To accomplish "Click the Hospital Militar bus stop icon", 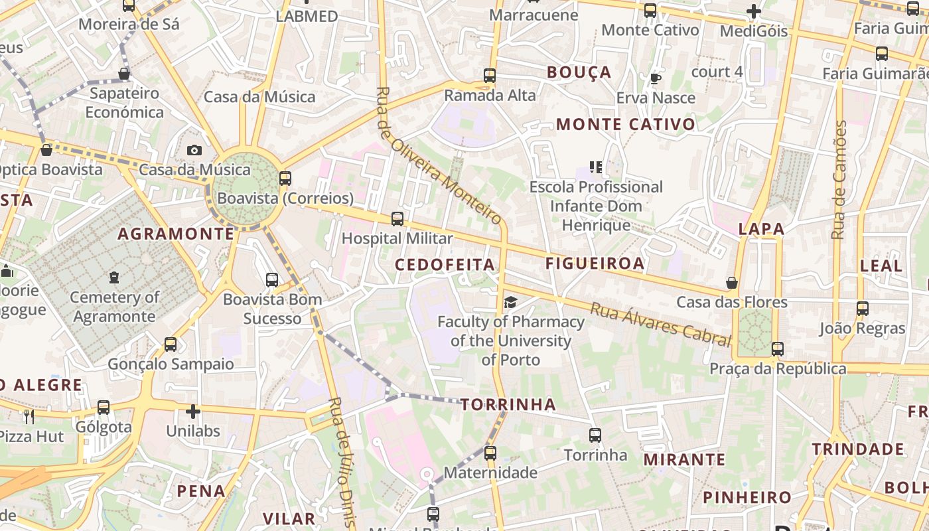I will [397, 218].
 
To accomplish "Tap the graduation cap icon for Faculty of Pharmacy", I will [510, 303].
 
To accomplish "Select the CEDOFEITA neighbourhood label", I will [445, 265].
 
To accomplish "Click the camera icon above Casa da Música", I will [194, 151].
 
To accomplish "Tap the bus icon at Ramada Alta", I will [490, 76].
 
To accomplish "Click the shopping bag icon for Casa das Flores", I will [732, 283].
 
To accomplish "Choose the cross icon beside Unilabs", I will [193, 412].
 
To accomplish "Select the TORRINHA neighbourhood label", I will [508, 404].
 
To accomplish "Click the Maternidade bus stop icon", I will [490, 453].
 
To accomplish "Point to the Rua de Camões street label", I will [840, 179].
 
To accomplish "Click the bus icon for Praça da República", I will [778, 348].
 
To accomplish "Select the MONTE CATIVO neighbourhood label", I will [626, 124].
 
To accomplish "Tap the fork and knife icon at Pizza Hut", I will [29, 417].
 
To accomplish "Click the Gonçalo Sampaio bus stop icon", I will [171, 344].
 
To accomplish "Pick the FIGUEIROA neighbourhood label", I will [595, 264].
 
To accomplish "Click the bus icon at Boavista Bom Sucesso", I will [272, 280].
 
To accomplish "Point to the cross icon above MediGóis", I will [753, 11].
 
